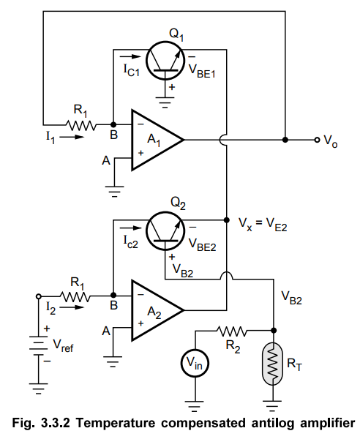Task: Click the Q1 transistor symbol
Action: pos(165,61)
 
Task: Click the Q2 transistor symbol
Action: pos(165,231)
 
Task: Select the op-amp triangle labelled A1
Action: pos(157,140)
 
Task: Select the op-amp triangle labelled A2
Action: pos(157,310)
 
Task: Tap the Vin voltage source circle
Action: pos(195,363)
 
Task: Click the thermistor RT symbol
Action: pos(273,364)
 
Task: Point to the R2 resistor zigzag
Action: pos(232,331)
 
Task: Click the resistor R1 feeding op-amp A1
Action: pos(80,124)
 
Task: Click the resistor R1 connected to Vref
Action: pos(75,296)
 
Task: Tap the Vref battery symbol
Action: pos(39,346)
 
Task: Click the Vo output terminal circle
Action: pos(317,140)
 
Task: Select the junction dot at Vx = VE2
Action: pos(227,220)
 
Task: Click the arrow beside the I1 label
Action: pos(72,138)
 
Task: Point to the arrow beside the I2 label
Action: pos(72,308)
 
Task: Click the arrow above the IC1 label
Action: pos(130,57)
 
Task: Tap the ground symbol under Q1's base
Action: pos(165,102)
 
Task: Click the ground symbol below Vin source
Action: pos(195,406)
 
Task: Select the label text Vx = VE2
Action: pos(263,225)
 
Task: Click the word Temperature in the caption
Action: pos(116,423)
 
